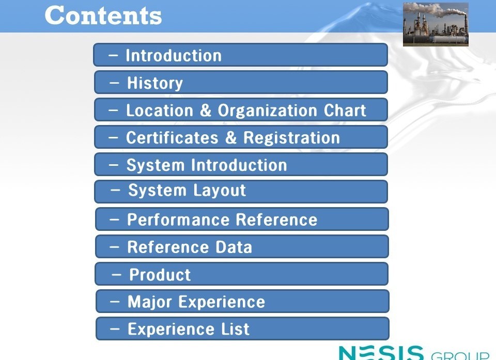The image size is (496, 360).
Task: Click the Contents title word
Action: point(103,15)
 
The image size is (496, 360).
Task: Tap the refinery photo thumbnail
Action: point(436,24)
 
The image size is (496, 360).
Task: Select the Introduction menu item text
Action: point(174,56)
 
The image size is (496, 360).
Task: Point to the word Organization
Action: point(267,111)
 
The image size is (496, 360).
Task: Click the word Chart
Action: point(345,111)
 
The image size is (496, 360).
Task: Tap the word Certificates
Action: point(173,138)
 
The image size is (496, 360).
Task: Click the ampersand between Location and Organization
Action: point(206,111)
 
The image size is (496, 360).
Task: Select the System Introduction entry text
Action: point(207,165)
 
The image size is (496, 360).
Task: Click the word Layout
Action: point(220,191)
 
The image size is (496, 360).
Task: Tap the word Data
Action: point(234,247)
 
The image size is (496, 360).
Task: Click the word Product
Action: point(160,275)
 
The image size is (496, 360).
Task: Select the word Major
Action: point(150,302)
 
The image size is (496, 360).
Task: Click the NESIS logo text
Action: point(381,353)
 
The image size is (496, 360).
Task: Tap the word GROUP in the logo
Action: point(460,355)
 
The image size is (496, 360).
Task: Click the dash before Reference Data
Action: point(114,247)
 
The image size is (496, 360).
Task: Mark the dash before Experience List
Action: point(115,329)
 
